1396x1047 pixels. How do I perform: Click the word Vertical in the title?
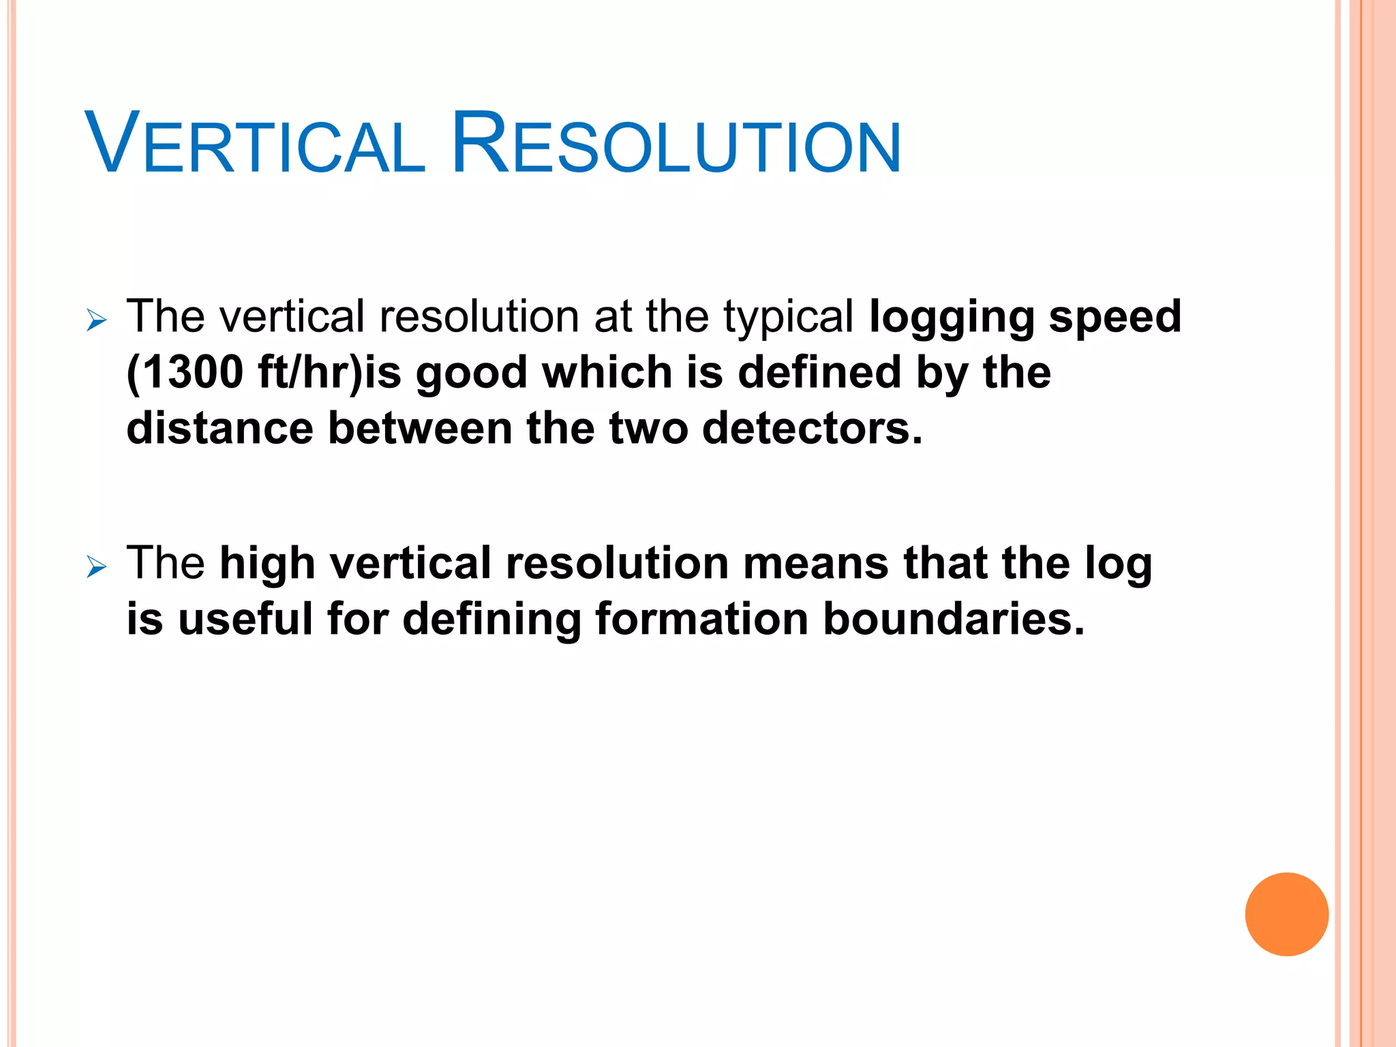pos(255,145)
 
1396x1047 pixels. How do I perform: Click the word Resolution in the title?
pos(676,145)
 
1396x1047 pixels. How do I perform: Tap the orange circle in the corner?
pos(1286,914)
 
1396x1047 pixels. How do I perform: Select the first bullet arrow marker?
pos(97,320)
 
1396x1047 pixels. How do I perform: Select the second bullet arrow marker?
pos(97,566)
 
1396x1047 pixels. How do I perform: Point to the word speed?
pos(1114,318)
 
